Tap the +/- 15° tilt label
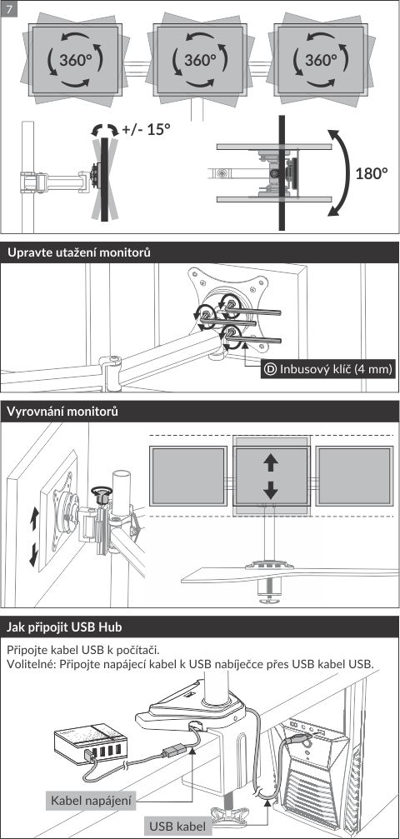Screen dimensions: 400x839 [x=146, y=129]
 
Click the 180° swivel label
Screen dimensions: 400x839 [x=371, y=173]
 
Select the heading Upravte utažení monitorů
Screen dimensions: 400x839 [x=78, y=253]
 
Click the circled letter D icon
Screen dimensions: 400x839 [x=271, y=368]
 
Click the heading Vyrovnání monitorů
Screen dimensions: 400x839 [x=62, y=412]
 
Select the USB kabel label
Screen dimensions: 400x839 [x=177, y=826]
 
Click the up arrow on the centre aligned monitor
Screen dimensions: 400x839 [x=271, y=462]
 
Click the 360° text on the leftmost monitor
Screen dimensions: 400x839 [x=76, y=60]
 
